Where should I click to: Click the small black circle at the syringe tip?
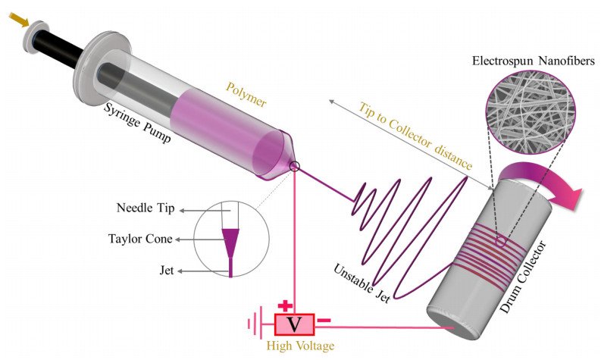(295, 167)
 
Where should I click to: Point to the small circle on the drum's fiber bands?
(500, 243)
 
